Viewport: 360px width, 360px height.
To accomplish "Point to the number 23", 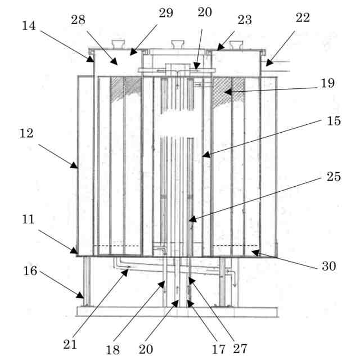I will [x=244, y=19].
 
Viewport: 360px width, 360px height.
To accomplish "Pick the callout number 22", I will [x=302, y=18].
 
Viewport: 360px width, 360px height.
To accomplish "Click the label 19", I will [x=328, y=83].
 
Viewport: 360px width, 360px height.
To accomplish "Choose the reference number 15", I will [x=334, y=121].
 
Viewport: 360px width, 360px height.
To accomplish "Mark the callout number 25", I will [x=334, y=177].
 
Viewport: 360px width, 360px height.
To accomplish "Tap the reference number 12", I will [x=26, y=134].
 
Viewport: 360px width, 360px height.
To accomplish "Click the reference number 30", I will [x=328, y=266].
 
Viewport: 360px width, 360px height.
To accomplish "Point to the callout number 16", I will [x=31, y=272].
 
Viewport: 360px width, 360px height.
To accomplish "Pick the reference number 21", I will [x=70, y=343].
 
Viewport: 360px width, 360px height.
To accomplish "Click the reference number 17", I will [x=219, y=349].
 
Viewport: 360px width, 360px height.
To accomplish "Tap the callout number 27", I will [x=240, y=349].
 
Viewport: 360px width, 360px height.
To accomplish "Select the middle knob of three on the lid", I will [x=177, y=44].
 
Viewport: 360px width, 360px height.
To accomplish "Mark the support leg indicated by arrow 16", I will [x=87, y=281].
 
